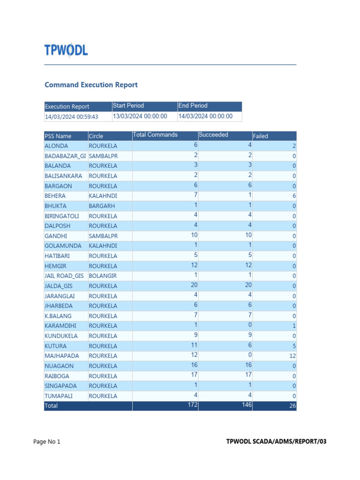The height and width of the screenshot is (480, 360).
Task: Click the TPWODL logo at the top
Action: pyautogui.click(x=66, y=50)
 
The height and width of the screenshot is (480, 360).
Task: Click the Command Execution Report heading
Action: pyautogui.click(x=91, y=85)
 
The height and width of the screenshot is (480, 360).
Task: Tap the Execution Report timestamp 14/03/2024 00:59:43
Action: pyautogui.click(x=71, y=117)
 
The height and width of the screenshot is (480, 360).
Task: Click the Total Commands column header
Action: pyautogui.click(x=155, y=135)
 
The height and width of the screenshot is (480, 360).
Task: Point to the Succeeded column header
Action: pyautogui.click(x=213, y=135)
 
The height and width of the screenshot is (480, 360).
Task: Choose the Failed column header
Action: pyautogui.click(x=261, y=136)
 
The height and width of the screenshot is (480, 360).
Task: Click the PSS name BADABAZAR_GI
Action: pyautogui.click(x=65, y=156)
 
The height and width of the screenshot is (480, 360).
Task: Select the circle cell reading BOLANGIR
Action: pyautogui.click(x=103, y=276)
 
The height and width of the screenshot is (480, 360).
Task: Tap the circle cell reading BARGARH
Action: pyautogui.click(x=102, y=206)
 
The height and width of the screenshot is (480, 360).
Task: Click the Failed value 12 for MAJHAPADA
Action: pyautogui.click(x=292, y=356)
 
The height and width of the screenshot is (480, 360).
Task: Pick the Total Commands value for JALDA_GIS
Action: pyautogui.click(x=194, y=285)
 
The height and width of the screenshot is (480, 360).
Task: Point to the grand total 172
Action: pyautogui.click(x=192, y=405)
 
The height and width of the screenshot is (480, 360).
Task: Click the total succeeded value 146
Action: pyautogui.click(x=247, y=405)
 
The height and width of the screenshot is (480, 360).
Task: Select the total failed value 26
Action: pyautogui.click(x=292, y=406)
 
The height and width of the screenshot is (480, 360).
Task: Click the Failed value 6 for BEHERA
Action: pyautogui.click(x=294, y=196)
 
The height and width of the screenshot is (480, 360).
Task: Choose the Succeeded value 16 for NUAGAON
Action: pyautogui.click(x=248, y=365)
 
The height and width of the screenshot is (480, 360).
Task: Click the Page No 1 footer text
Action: pyautogui.click(x=47, y=442)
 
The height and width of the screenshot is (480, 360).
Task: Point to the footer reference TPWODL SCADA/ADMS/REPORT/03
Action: pyautogui.click(x=276, y=442)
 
